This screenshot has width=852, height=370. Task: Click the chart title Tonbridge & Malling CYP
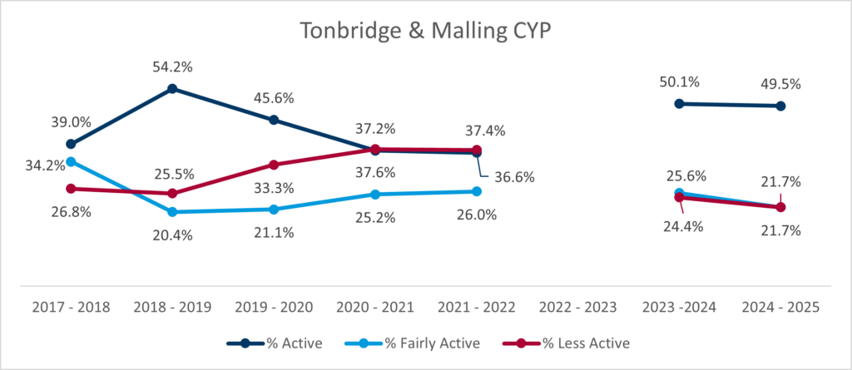[425, 31]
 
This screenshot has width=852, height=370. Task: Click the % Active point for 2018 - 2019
[172, 88]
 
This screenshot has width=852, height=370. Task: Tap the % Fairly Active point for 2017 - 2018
[72, 162]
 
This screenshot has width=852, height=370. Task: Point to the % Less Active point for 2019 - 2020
[274, 165]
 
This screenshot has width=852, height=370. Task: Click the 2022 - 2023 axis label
[577, 307]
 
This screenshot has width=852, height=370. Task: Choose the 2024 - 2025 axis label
[780, 307]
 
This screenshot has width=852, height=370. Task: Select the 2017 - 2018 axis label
[72, 307]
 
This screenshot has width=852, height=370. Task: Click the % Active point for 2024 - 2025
[780, 106]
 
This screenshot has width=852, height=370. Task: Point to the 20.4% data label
[172, 234]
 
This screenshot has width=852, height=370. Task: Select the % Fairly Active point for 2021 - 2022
[476, 191]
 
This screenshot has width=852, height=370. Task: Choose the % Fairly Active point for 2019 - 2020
[274, 210]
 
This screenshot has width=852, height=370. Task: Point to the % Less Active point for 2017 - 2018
[72, 189]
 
